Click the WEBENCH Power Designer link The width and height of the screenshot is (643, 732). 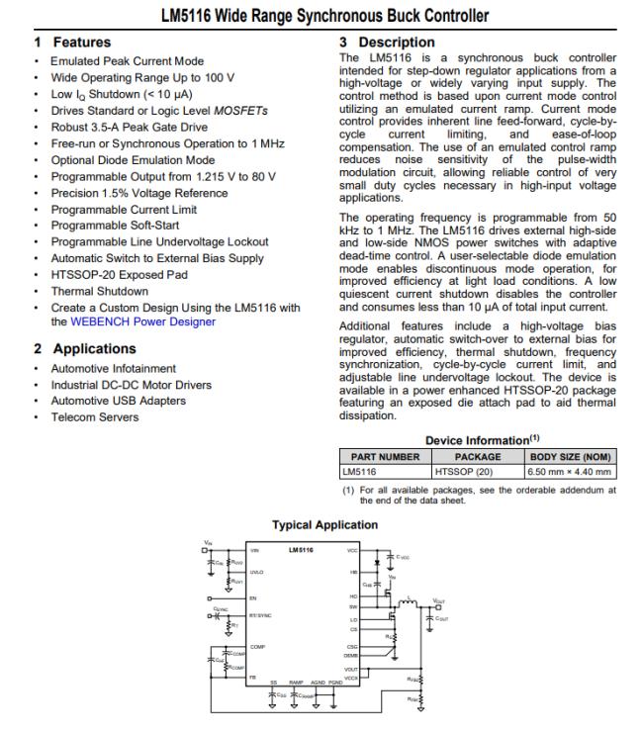(142, 321)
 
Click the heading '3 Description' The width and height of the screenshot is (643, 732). (386, 43)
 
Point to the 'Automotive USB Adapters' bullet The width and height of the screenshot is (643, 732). (119, 401)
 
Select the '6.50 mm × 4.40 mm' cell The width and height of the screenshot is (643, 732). (573, 472)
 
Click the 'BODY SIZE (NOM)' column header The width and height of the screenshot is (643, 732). (573, 456)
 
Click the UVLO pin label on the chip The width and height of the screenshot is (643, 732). (258, 572)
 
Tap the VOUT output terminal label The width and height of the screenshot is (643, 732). (440, 599)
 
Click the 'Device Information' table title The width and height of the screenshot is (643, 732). (474, 439)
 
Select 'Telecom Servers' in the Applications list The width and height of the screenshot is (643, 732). (96, 416)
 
